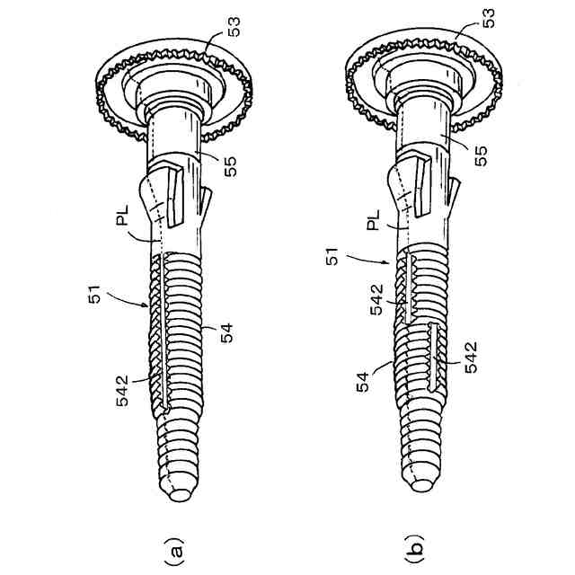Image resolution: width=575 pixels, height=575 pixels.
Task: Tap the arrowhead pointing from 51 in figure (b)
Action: [387, 266]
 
